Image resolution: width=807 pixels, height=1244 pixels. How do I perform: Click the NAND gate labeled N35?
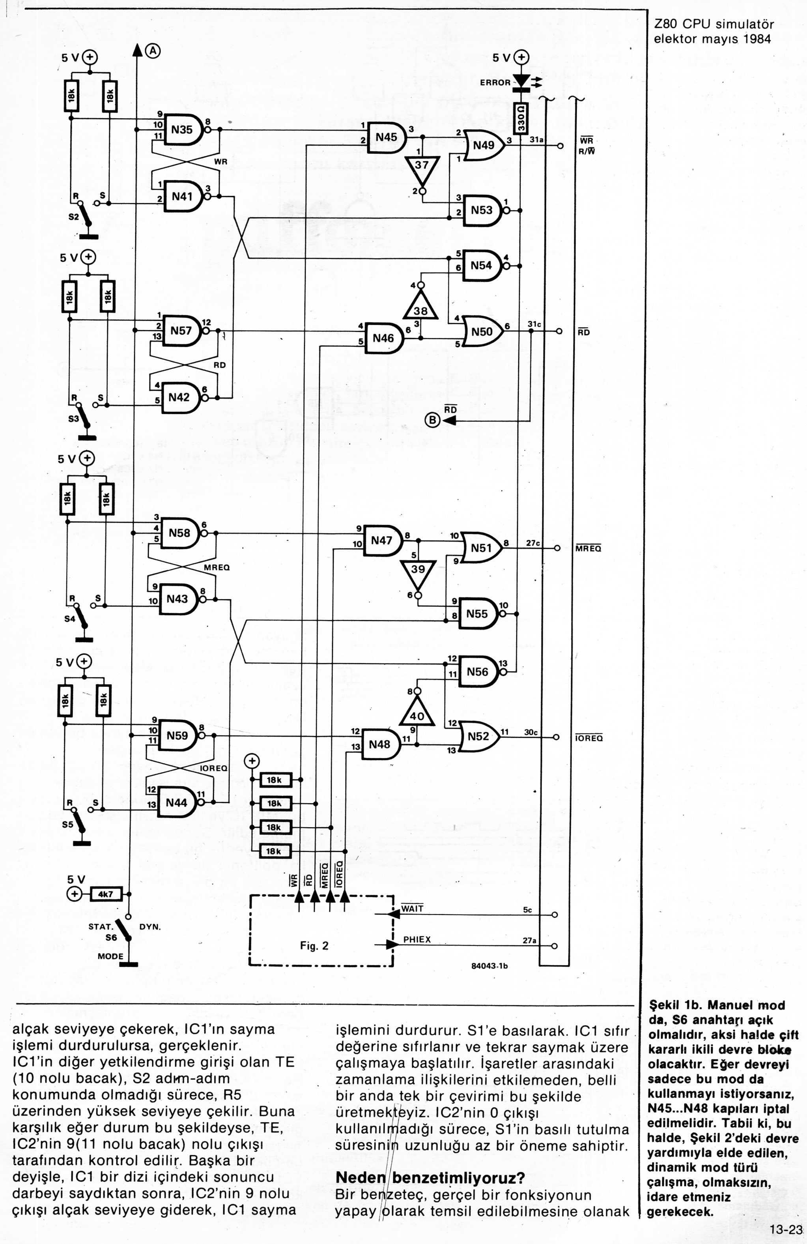(x=183, y=130)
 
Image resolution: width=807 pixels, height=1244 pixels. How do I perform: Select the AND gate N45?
(x=387, y=137)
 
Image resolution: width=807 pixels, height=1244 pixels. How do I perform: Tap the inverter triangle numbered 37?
(x=421, y=166)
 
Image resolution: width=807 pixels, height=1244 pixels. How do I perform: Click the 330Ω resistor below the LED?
(x=521, y=118)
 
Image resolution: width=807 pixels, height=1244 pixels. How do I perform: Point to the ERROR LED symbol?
(x=521, y=81)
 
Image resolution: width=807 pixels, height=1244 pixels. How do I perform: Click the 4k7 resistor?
(x=106, y=894)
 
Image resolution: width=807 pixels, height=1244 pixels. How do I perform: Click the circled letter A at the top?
(x=153, y=51)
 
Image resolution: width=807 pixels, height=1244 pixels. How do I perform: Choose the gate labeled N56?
(x=477, y=672)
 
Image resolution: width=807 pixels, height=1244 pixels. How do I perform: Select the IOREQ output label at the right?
(x=589, y=738)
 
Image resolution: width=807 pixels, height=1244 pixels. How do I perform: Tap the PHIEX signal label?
(x=417, y=939)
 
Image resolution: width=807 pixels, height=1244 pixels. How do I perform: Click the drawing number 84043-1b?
(x=489, y=966)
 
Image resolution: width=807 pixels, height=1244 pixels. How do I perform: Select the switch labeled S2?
(x=82, y=214)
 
